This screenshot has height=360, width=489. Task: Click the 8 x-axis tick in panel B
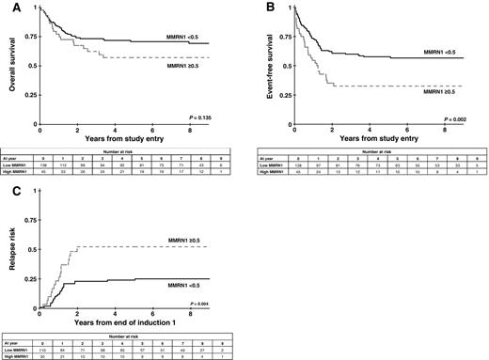445,129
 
